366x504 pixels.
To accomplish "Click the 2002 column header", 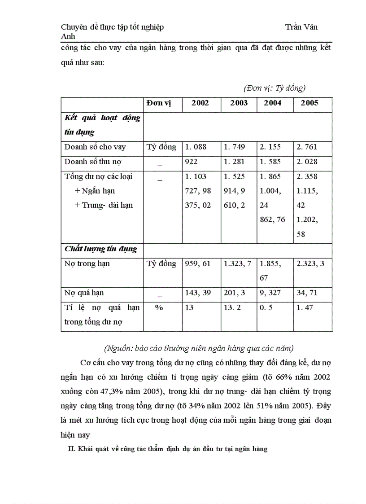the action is click(x=200, y=103).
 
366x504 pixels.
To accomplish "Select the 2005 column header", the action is click(x=309, y=103).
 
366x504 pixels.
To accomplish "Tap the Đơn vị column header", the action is click(x=159, y=103).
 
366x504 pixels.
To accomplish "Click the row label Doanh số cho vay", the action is click(x=95, y=147).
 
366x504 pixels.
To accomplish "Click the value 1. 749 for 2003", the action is click(x=234, y=147).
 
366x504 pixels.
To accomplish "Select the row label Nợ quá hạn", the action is click(x=84, y=293).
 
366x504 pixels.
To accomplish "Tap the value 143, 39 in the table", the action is click(x=198, y=293).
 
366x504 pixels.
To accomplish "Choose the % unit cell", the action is click(x=159, y=308).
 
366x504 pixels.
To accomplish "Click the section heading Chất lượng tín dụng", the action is click(x=101, y=249).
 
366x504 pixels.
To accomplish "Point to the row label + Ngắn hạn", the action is click(x=95, y=191).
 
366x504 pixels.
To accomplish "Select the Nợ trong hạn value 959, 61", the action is click(x=198, y=264).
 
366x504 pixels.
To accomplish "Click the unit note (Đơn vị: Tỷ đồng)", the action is click(x=274, y=88).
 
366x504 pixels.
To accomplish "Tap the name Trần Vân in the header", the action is click(x=301, y=27).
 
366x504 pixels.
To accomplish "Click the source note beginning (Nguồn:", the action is click(x=199, y=348).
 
